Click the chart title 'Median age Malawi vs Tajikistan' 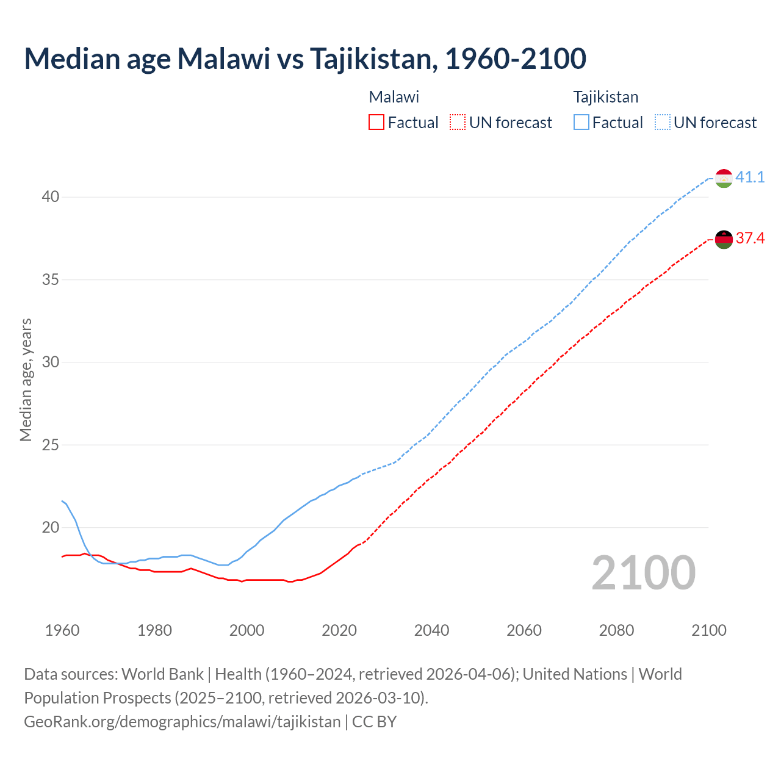[x=305, y=59]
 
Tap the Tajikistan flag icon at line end [x=724, y=178]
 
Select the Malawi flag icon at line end [x=724, y=239]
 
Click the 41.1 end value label [x=750, y=178]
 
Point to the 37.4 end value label [x=750, y=239]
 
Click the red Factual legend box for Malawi [x=376, y=123]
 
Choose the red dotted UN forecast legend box [x=458, y=123]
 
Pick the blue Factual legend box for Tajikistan [x=581, y=123]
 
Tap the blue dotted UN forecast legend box [x=663, y=123]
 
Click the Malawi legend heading [x=394, y=97]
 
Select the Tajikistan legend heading [x=606, y=97]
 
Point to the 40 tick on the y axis [x=51, y=197]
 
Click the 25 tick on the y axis [x=51, y=445]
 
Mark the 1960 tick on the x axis [x=62, y=630]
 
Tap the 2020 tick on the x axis [x=339, y=630]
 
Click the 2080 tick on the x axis [x=616, y=630]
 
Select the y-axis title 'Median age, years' [x=26, y=380]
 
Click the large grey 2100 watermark [x=643, y=573]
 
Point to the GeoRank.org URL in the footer [x=182, y=722]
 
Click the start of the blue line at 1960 [x=62, y=501]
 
